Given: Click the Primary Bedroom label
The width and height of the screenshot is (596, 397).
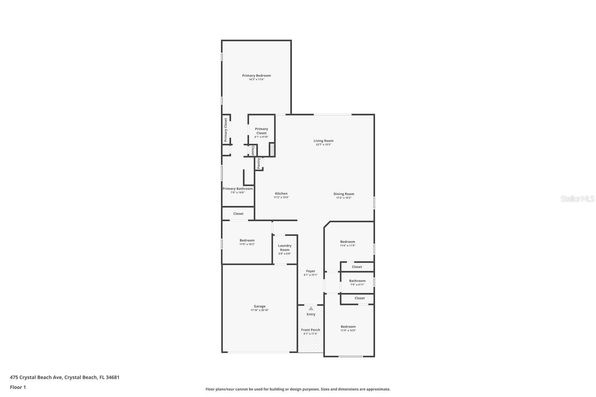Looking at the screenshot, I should [256, 76].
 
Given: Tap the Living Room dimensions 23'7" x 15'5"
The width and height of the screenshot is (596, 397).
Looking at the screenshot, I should [323, 144].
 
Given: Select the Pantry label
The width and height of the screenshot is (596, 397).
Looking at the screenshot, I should [259, 163].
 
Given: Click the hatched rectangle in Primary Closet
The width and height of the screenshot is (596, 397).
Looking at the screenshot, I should [272, 149].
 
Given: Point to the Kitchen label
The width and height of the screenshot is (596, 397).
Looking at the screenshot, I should [281, 194].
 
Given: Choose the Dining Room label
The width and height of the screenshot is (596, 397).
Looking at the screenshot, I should [343, 194].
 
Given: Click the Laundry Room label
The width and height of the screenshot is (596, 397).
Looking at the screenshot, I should [285, 248].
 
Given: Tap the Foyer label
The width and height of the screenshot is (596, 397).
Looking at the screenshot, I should [311, 271].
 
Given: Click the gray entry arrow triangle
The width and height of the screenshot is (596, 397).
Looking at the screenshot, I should [311, 308].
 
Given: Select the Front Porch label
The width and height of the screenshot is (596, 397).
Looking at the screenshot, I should [311, 330].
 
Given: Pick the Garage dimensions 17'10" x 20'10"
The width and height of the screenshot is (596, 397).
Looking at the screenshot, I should [260, 310].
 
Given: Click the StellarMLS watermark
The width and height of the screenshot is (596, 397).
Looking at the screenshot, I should [577, 199].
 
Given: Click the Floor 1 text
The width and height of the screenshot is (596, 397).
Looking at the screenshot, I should [18, 387].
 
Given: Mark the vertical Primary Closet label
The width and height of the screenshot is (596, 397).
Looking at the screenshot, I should [226, 130].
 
